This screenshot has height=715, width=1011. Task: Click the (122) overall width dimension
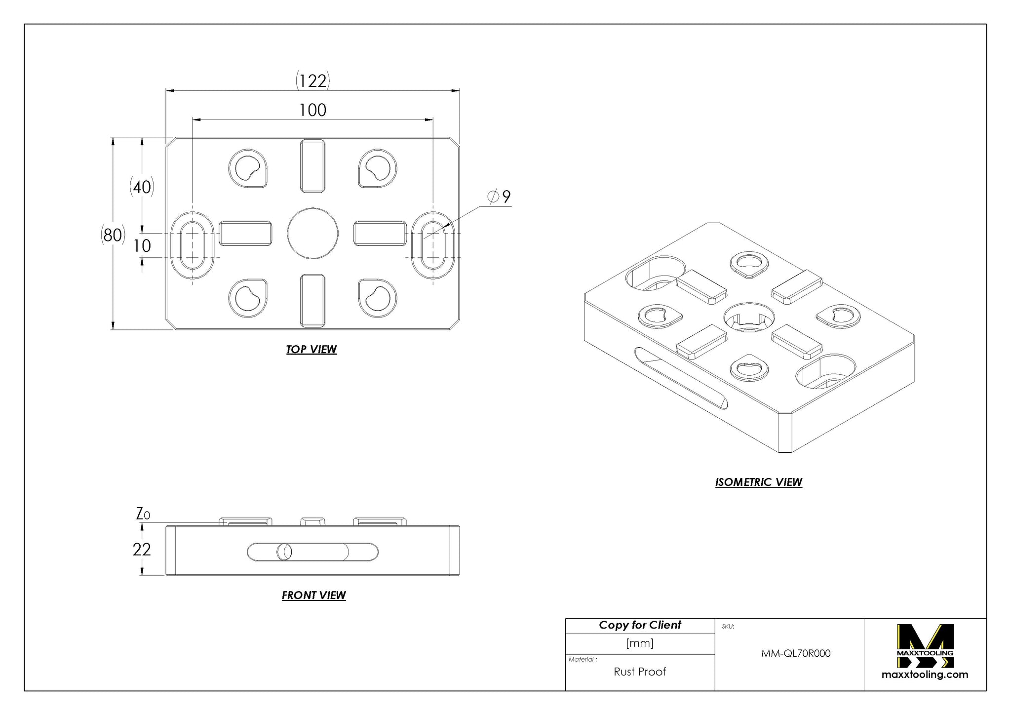click(312, 80)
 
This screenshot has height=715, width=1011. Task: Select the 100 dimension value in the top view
click(312, 110)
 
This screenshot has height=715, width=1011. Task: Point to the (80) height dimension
click(113, 235)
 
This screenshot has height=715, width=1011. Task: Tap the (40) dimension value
click(142, 187)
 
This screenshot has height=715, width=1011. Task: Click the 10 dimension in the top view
click(142, 245)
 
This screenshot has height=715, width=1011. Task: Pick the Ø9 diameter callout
click(499, 197)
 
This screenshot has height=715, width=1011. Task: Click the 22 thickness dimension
click(142, 549)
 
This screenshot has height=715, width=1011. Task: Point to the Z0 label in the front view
click(143, 514)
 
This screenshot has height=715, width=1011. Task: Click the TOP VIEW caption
click(311, 349)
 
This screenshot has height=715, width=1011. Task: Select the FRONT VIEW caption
click(313, 595)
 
